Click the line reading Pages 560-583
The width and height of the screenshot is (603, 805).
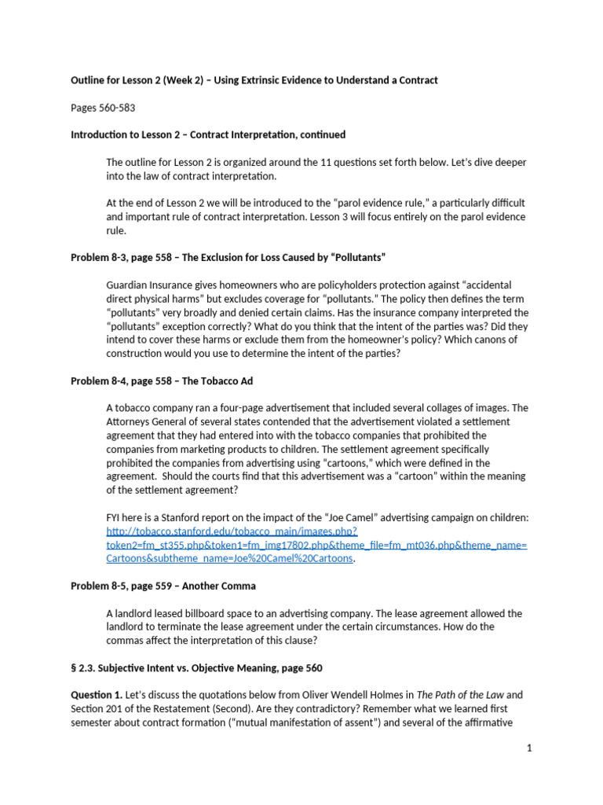coord(100,107)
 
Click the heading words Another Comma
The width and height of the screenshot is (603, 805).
coord(221,586)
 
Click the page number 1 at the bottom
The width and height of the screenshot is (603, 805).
coord(529,748)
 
